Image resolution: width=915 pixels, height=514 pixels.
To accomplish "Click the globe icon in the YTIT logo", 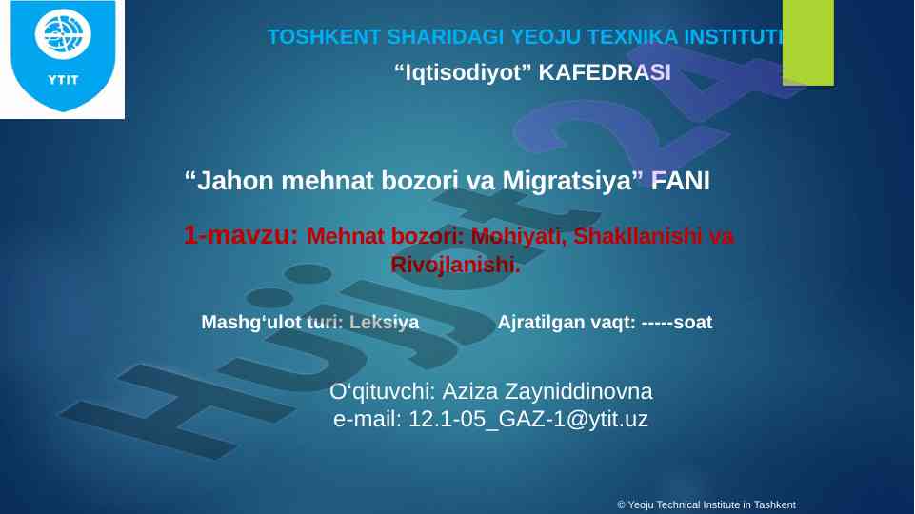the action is click(63, 34).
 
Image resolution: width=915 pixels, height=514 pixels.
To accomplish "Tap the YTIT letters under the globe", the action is click(63, 80).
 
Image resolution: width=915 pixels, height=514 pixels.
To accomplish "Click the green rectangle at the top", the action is click(808, 43).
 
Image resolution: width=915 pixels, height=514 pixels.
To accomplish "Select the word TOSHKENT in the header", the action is click(324, 37).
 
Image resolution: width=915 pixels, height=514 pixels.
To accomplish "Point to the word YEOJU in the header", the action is click(546, 37).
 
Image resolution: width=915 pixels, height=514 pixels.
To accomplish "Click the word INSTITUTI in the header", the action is click(733, 37).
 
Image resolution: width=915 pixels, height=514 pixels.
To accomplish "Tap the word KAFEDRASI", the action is click(605, 72).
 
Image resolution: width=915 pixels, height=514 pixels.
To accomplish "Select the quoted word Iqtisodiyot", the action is click(464, 72).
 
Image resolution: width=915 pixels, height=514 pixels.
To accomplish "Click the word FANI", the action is click(681, 181).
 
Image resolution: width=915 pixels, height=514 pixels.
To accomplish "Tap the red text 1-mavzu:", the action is click(241, 234).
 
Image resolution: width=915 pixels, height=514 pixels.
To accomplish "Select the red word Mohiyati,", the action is click(519, 236).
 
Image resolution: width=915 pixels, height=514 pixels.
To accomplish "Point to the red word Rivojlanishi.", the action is click(455, 265).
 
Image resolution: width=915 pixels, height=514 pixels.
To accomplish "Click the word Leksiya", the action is click(384, 322).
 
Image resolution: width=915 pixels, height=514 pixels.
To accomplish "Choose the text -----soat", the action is click(677, 322).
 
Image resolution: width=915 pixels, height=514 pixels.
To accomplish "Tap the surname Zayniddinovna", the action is click(578, 391).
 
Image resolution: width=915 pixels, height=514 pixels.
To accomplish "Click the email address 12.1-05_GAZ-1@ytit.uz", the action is click(528, 419).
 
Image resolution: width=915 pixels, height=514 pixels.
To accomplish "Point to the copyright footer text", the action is click(706, 504).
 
